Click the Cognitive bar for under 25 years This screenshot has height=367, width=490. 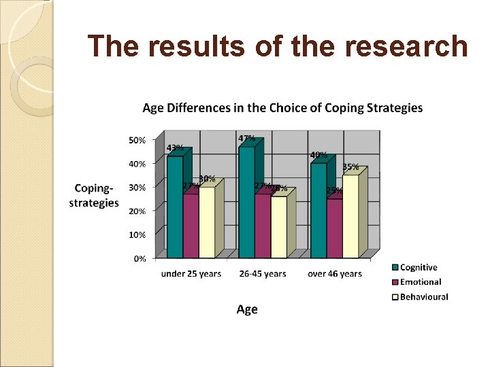[175, 207]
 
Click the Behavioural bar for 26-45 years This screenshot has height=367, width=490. [278, 228]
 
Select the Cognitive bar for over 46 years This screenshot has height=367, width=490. [318, 211]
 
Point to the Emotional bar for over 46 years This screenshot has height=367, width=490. [334, 228]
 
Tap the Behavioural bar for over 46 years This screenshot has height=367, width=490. [350, 217]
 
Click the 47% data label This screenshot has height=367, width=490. [246, 139]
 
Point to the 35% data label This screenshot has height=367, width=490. [350, 167]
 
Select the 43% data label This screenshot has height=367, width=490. [175, 148]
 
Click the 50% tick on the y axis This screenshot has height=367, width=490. [137, 140]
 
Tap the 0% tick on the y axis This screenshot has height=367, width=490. [139, 258]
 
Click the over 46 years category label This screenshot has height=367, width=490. [335, 274]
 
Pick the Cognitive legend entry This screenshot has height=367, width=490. [419, 268]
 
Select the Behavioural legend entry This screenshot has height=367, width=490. [423, 296]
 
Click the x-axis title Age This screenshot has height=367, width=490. [247, 309]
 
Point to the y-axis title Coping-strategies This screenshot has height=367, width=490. [94, 195]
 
